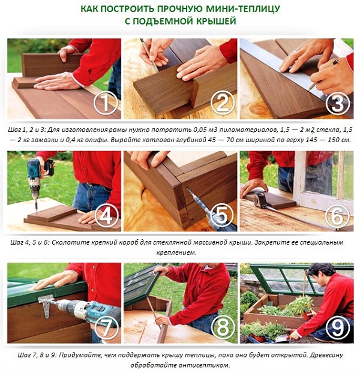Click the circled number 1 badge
(106, 103)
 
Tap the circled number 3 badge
(338, 103)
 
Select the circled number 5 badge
(222, 215)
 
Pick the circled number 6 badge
(338, 216)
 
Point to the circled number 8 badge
(223, 327)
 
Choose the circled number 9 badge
(338, 327)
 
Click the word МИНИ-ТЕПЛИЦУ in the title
(242, 9)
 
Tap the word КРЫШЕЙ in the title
(216, 21)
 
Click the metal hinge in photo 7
(46, 306)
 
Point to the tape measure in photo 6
(260, 200)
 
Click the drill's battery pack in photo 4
(49, 167)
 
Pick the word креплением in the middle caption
(176, 252)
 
